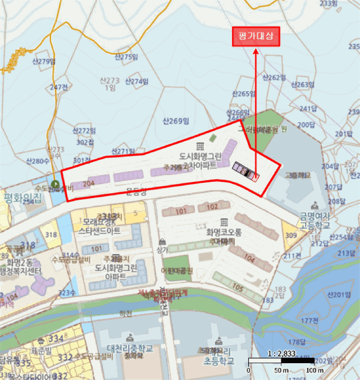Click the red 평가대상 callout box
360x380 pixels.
tap(256, 36)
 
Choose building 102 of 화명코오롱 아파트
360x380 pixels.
tap(212, 206)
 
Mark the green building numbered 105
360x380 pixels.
tap(237, 287)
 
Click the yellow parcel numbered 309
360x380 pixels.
tap(290, 235)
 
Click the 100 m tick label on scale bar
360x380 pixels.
tap(312, 371)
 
